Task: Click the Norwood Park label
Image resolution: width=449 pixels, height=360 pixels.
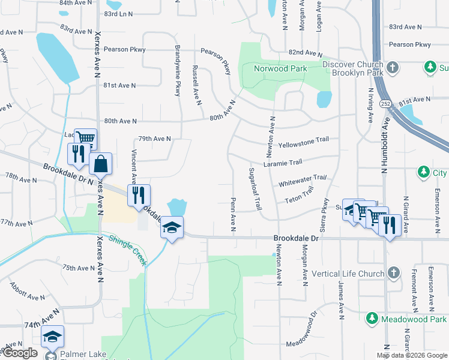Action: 280,68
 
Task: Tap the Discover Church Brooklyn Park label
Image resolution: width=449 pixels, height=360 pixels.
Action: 352,69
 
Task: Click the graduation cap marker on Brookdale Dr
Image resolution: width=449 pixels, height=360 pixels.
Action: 172,227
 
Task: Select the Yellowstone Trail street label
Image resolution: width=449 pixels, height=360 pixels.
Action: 304,139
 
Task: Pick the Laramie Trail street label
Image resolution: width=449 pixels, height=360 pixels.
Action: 283,163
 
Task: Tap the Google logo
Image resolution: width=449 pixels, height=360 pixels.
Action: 20,353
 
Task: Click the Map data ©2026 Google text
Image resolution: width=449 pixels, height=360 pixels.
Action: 412,355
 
